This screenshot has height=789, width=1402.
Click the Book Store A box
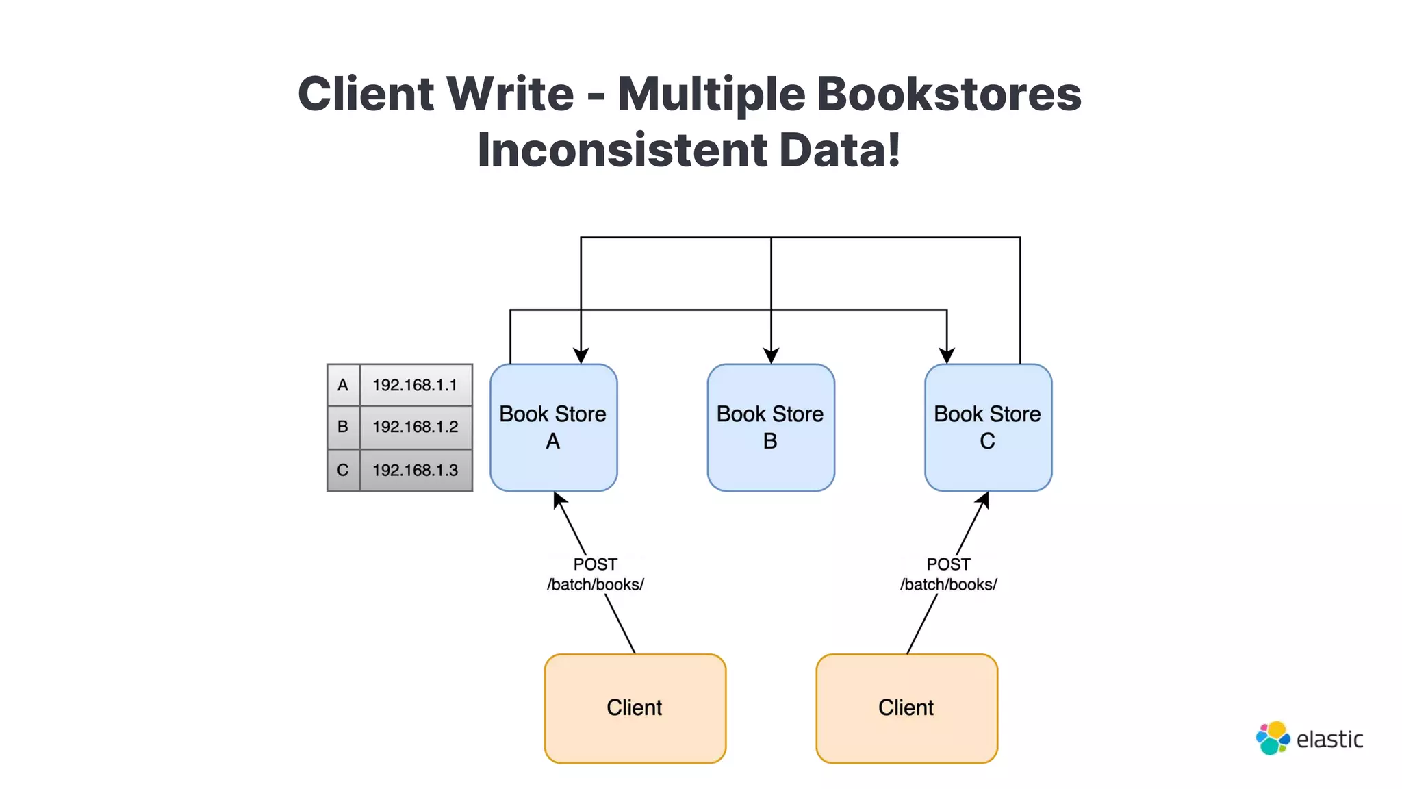pyautogui.click(x=553, y=427)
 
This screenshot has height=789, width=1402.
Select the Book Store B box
pyautogui.click(x=770, y=427)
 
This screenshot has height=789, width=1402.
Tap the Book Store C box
pyautogui.click(x=987, y=427)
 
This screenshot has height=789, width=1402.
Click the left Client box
pyautogui.click(x=635, y=707)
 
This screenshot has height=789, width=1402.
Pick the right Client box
pyautogui.click(x=906, y=707)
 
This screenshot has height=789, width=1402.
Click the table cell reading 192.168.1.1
pyautogui.click(x=415, y=385)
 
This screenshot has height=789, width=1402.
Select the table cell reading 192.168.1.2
pyautogui.click(x=415, y=427)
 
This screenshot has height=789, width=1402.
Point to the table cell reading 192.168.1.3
pyautogui.click(x=415, y=470)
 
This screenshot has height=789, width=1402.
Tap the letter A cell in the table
pyautogui.click(x=343, y=385)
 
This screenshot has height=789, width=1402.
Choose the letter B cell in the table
pyautogui.click(x=343, y=427)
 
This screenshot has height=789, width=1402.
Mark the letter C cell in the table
pyautogui.click(x=343, y=470)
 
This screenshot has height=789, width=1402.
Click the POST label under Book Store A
pyautogui.click(x=595, y=564)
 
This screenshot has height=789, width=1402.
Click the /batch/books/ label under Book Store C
pyautogui.click(x=948, y=584)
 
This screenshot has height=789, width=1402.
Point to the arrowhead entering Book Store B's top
pyautogui.click(x=771, y=356)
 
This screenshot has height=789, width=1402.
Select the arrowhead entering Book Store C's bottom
pyautogui.click(x=983, y=500)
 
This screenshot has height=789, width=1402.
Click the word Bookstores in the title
pyautogui.click(x=949, y=94)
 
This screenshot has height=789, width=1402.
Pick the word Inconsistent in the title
pyautogui.click(x=622, y=150)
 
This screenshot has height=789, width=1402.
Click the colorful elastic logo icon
pyautogui.click(x=1272, y=738)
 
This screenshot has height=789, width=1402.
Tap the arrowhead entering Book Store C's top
pyautogui.click(x=946, y=356)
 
